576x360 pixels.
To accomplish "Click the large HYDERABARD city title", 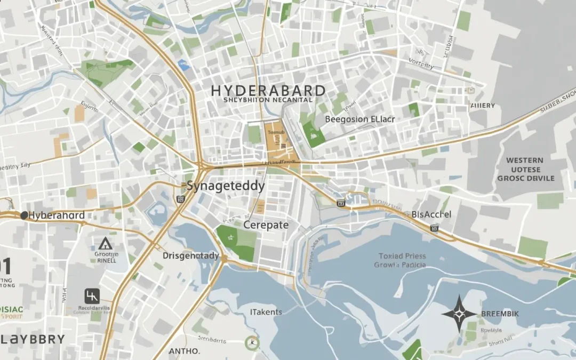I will coord(268,89).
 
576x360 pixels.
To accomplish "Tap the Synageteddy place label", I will coord(226,186).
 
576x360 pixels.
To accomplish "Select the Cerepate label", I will coord(266,225).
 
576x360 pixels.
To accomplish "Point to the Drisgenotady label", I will coord(190,256).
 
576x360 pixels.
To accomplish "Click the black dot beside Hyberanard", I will coord(23,215).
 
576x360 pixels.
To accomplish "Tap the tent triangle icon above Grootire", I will coord(105,244).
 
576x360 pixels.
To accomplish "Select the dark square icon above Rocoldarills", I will coord(92,296).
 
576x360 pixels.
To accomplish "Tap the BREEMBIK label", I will coord(500,314).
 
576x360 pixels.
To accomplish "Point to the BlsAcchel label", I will coord(431,214).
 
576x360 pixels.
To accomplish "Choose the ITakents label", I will coord(266,311).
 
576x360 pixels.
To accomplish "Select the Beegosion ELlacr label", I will coord(360,119).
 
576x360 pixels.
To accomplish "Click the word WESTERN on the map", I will coord(525,160).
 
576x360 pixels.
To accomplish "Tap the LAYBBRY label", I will coord(33,339).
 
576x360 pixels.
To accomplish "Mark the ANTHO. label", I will coord(184,351).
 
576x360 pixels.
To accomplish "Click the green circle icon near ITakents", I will coord(252,343).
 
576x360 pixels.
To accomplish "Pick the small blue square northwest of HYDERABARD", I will coord(184,66).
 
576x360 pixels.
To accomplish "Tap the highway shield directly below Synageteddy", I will coord(180,199).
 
